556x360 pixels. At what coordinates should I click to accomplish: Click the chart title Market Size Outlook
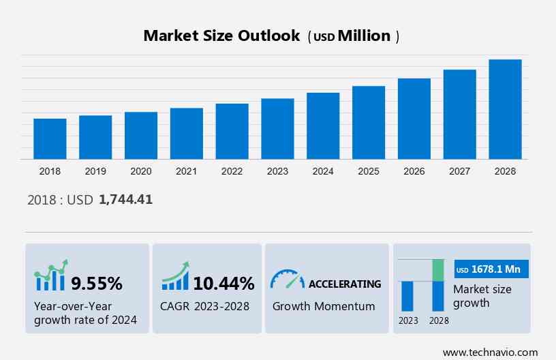[221, 36]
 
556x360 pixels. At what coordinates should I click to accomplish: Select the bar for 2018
[50, 138]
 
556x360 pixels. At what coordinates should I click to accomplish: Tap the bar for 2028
[505, 109]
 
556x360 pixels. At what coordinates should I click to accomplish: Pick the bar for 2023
[277, 129]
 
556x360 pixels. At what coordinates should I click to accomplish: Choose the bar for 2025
[369, 123]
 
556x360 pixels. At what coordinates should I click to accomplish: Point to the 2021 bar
[187, 134]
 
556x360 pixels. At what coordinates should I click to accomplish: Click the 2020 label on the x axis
[141, 171]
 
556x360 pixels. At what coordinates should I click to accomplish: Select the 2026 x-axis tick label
[414, 171]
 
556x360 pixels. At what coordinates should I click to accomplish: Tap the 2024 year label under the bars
[323, 171]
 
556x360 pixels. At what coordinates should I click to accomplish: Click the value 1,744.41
[125, 200]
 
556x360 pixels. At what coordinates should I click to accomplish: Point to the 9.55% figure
[97, 283]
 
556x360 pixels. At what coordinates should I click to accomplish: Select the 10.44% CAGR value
[223, 283]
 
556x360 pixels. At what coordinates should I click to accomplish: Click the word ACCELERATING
[345, 284]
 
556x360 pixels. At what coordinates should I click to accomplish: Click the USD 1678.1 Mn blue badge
[490, 269]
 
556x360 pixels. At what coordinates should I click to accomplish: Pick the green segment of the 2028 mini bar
[438, 270]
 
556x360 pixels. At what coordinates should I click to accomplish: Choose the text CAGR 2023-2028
[204, 306]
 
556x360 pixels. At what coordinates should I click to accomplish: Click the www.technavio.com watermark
[490, 352]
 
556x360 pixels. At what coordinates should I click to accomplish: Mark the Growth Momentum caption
[324, 306]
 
